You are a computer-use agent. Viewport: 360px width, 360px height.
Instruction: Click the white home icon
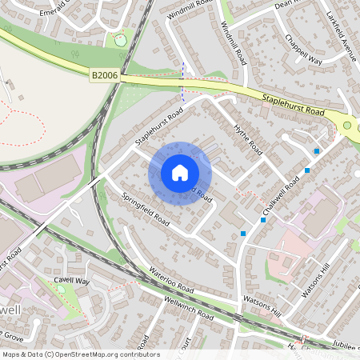tap(180, 173)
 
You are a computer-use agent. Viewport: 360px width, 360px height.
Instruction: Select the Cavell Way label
tap(72, 282)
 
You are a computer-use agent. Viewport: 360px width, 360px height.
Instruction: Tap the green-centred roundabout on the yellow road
tap(347, 125)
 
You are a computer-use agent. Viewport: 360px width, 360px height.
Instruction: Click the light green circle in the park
tap(120, 39)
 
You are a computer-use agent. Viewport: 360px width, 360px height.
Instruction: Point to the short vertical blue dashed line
tap(182, 81)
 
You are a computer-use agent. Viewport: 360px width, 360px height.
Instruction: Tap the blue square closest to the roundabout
tap(318, 150)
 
